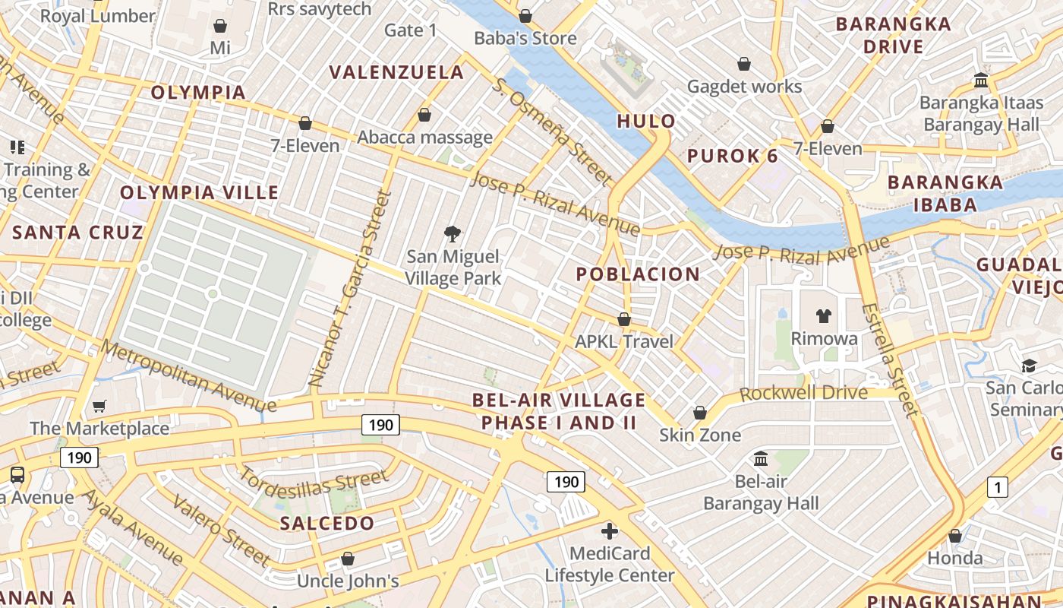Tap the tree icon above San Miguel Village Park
(453, 233)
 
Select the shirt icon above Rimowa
(824, 315)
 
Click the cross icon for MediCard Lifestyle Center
(609, 530)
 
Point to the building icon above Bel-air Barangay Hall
(761, 458)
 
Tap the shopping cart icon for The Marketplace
(99, 407)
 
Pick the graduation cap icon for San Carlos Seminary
(1029, 366)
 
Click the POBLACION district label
(638, 274)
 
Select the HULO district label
(646, 121)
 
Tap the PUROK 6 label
(733, 157)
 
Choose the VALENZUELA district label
(396, 72)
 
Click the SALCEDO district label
(327, 523)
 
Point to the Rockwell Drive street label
(803, 393)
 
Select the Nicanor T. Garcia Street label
(350, 289)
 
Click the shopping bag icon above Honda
(955, 536)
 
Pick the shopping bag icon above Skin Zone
(700, 413)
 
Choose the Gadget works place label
(744, 87)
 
